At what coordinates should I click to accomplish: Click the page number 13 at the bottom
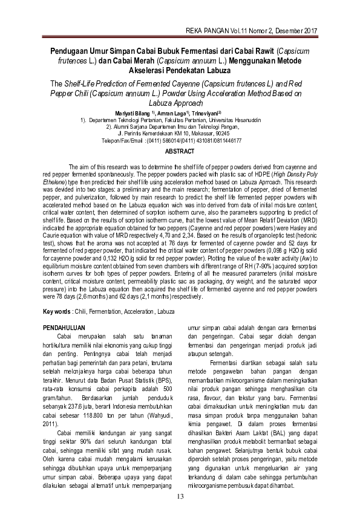click(180, 497)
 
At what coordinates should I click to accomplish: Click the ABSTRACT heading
click(180, 151)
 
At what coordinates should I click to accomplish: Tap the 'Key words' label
click(56, 311)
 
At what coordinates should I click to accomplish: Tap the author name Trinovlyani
click(204, 113)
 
